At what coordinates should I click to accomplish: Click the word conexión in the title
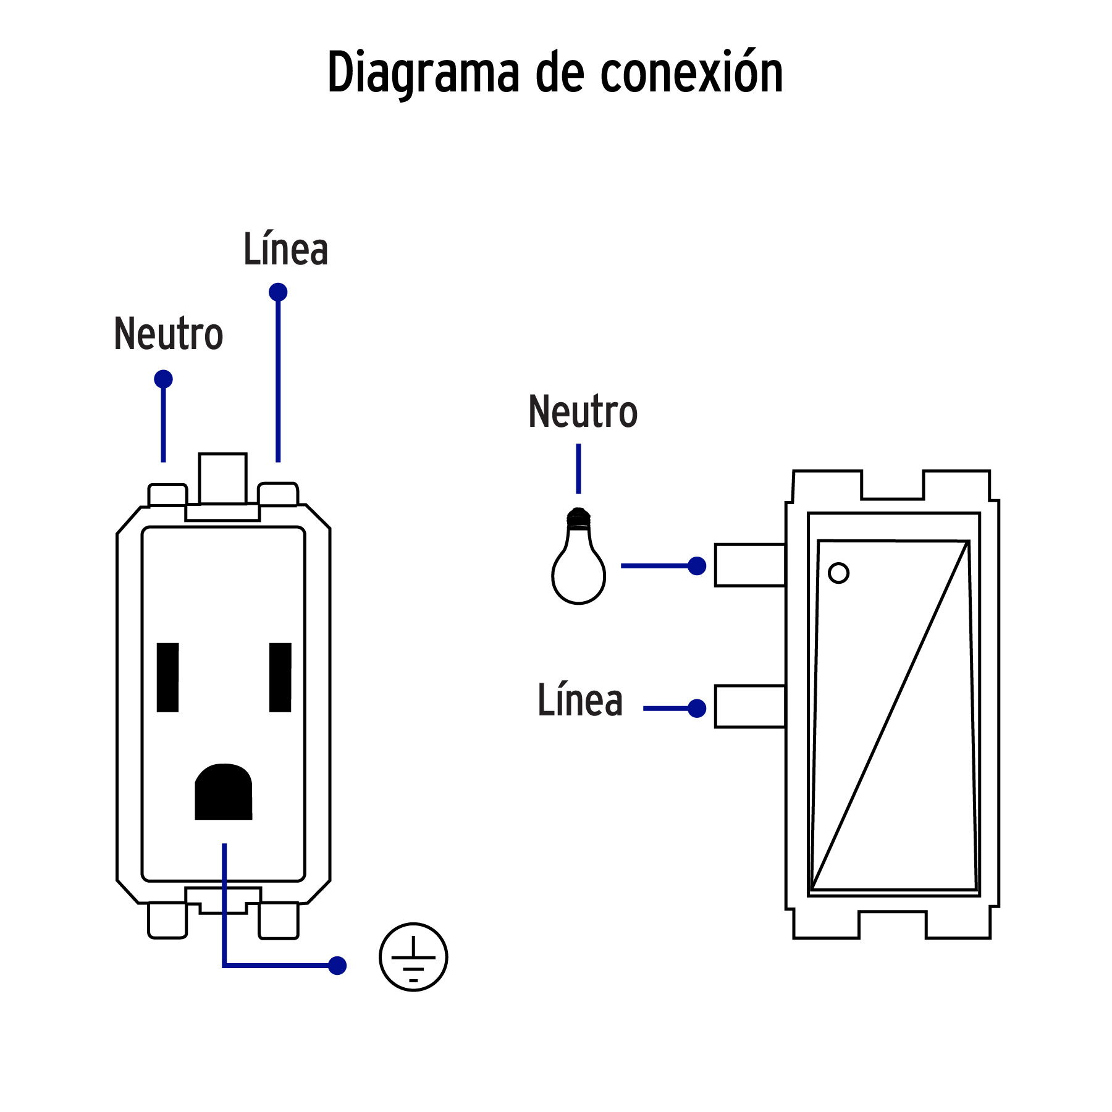tap(691, 73)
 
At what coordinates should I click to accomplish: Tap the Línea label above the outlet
tap(285, 250)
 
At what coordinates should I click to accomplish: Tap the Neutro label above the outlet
tap(168, 334)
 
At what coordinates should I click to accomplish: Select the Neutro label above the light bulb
tap(583, 412)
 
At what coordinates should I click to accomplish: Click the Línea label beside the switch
tap(579, 701)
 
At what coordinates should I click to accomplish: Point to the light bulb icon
tap(578, 558)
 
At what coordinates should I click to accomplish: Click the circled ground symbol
tap(413, 957)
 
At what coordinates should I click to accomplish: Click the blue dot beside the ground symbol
tap(337, 966)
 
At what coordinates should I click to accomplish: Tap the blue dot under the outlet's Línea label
tap(278, 292)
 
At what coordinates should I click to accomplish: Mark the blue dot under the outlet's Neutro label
tap(163, 379)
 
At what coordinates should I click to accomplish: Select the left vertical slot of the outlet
tap(167, 677)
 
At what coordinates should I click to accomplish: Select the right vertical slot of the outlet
tap(280, 677)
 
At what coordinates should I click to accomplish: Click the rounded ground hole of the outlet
tap(223, 793)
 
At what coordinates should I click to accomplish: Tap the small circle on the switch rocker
tap(838, 573)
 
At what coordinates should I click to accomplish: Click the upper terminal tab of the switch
tap(749, 565)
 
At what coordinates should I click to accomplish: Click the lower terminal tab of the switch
tap(749, 706)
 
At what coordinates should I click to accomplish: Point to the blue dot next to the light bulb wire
tap(697, 565)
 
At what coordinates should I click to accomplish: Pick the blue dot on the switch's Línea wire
tap(697, 709)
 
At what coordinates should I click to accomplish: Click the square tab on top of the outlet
tap(222, 479)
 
